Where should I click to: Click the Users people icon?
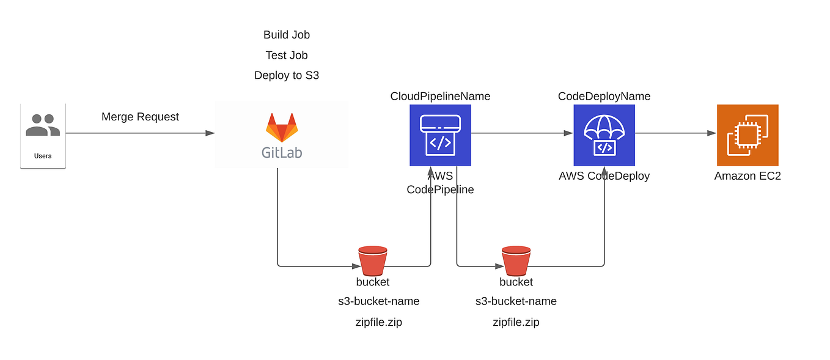(x=43, y=125)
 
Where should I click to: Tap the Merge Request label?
(x=140, y=117)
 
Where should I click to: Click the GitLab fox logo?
(x=282, y=127)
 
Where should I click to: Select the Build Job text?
(x=287, y=35)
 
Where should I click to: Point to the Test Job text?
(x=287, y=55)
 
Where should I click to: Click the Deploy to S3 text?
(x=287, y=75)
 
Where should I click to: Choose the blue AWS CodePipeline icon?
(x=440, y=135)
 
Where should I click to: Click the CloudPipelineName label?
(x=440, y=96)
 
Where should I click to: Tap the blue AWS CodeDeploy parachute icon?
(x=604, y=135)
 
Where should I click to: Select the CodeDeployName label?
(x=604, y=96)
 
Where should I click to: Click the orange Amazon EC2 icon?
(x=747, y=135)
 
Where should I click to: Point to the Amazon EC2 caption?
(x=747, y=176)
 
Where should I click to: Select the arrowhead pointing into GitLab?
(x=210, y=133)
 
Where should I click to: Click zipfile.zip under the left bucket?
(x=378, y=322)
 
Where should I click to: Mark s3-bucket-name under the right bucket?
(x=516, y=301)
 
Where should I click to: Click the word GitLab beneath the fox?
(x=282, y=152)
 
